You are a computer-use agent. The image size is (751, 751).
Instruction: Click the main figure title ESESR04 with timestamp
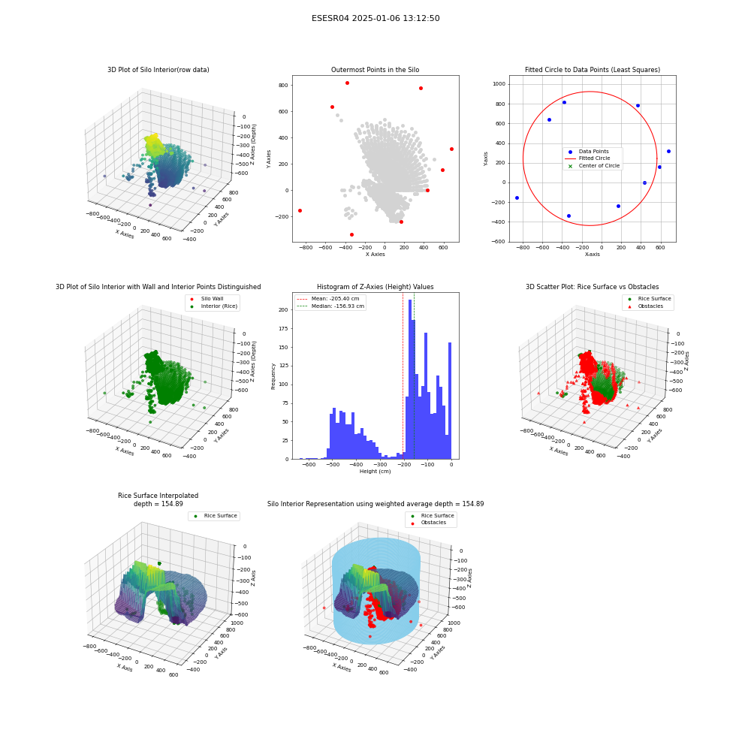click(x=375, y=18)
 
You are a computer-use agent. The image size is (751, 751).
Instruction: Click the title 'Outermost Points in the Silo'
click(x=375, y=70)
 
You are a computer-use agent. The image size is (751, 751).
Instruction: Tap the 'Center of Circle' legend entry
click(x=594, y=166)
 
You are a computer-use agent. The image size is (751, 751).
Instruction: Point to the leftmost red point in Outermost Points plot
click(x=300, y=211)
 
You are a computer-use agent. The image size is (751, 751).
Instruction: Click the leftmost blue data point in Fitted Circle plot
click(x=517, y=198)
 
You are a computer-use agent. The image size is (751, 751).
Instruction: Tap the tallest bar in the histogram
click(x=410, y=379)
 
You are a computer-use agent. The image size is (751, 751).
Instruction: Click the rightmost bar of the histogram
click(x=449, y=401)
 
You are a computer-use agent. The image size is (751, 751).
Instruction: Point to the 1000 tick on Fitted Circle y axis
click(x=499, y=84)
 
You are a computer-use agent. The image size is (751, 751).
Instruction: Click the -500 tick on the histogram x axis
click(x=333, y=465)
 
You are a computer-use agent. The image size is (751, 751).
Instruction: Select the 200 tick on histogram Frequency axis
click(x=284, y=310)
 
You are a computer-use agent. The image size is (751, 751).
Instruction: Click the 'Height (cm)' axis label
click(x=375, y=472)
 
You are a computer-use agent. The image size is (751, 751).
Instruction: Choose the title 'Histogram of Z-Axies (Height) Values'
click(x=375, y=287)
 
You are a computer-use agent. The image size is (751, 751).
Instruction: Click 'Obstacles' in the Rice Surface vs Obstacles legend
click(x=650, y=306)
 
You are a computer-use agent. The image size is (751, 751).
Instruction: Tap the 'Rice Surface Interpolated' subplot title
click(x=158, y=496)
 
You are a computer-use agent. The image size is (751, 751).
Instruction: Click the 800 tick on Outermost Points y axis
click(x=283, y=86)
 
